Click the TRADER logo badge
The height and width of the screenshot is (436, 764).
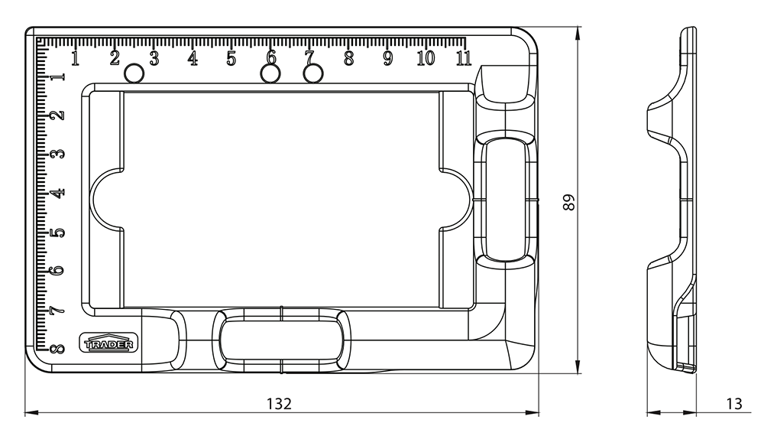click(x=108, y=343)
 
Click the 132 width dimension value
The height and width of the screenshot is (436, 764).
click(x=279, y=404)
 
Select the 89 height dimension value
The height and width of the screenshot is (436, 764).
click(x=568, y=202)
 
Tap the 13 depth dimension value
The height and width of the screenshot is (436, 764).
click(x=734, y=404)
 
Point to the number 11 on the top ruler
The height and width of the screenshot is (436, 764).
click(x=464, y=58)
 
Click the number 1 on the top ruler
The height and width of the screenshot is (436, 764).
click(x=75, y=58)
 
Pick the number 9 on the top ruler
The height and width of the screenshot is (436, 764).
click(x=387, y=58)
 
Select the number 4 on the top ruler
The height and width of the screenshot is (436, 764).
click(x=193, y=58)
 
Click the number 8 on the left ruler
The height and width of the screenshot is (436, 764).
click(x=57, y=348)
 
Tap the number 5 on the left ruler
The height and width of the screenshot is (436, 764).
click(x=57, y=232)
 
